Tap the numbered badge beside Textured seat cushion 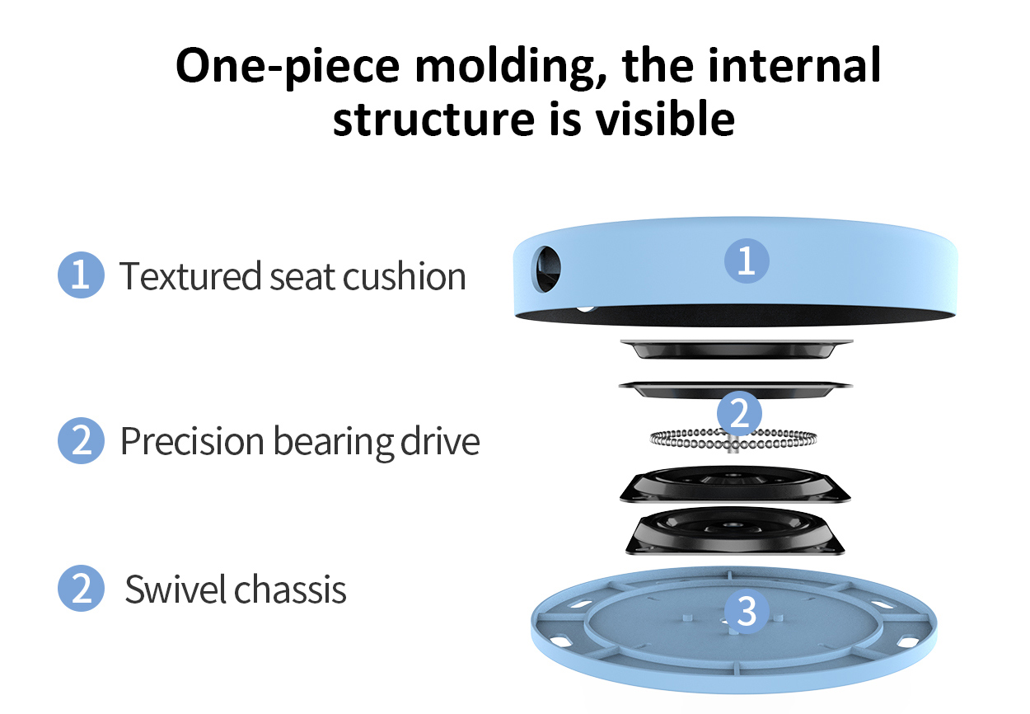point(81,275)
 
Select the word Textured point(190,275)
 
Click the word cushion point(405,275)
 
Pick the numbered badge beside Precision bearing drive point(81,440)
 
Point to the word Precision point(193,442)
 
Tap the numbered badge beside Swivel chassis point(81,589)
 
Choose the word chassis point(290,590)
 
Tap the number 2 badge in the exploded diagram point(740,413)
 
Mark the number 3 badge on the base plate point(747,612)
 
